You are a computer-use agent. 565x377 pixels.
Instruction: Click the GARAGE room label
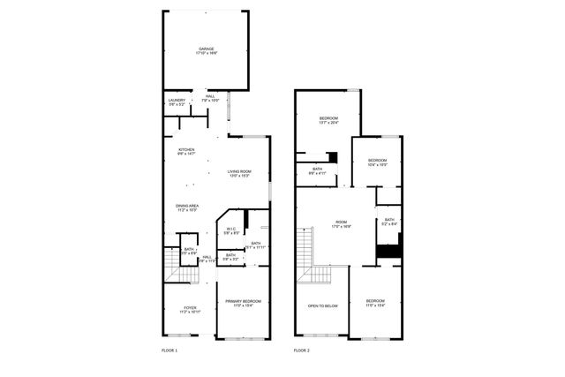pos(207,51)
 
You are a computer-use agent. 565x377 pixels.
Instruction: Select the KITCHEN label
pos(186,151)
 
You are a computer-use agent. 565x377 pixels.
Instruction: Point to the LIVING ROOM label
pos(239,173)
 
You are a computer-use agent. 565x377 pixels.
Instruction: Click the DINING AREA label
pos(186,207)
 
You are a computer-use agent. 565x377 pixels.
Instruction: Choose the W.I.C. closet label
pos(230,231)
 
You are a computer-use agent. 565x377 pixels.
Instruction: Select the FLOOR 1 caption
pos(169,351)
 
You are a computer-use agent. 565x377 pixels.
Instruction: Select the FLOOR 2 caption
pos(302,351)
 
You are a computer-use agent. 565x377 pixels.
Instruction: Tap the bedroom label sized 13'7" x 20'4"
pos(328,119)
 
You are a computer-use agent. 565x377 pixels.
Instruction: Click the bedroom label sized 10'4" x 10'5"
pos(377,162)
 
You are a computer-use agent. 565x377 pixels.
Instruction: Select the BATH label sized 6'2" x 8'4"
pos(388,222)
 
